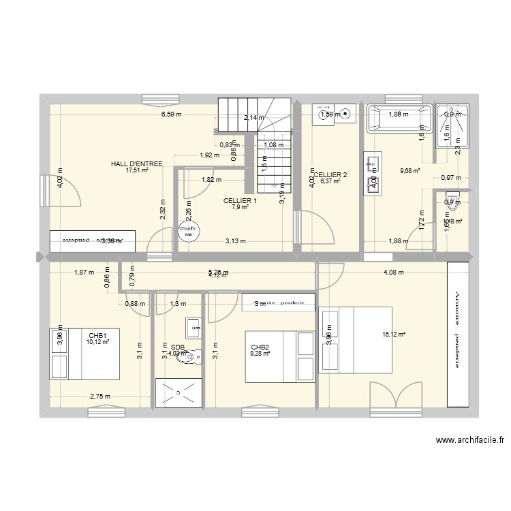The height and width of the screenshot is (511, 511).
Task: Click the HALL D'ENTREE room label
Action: [x=137, y=164]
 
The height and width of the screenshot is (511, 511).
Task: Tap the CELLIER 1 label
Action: [x=240, y=200]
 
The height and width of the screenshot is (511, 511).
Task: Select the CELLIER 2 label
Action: [x=331, y=175]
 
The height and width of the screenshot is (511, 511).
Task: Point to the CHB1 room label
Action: [x=97, y=335]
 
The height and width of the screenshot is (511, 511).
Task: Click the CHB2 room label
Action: [x=260, y=346]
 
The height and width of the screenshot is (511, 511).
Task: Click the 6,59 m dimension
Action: [x=172, y=114]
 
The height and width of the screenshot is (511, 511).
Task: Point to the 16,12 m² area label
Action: [x=394, y=334]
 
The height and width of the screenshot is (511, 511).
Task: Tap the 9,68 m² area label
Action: [x=409, y=171]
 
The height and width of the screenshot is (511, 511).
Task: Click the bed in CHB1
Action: [x=84, y=354]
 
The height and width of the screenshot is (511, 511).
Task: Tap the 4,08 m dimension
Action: [x=392, y=273]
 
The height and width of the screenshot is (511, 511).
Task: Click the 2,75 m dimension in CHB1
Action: [x=100, y=396]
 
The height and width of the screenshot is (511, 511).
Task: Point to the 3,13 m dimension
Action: [x=236, y=240]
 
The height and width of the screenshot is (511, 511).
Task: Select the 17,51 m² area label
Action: [x=137, y=170]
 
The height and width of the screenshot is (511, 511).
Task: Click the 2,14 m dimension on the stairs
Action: [x=253, y=117]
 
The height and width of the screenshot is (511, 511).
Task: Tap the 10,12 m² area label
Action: [x=97, y=342]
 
